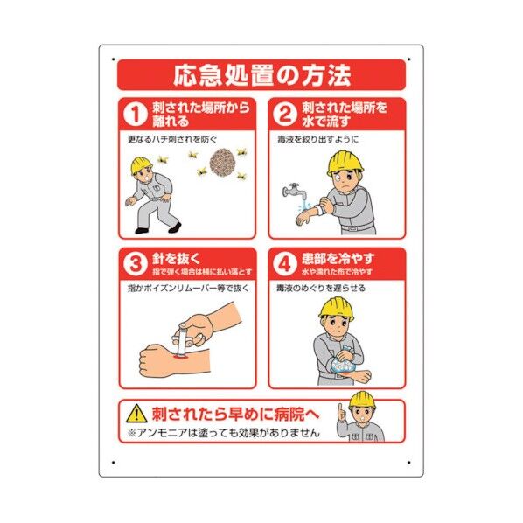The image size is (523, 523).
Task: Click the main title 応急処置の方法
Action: coord(261,74)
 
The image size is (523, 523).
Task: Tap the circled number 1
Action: coord(133,114)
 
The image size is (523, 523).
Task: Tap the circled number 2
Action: coord(283,114)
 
